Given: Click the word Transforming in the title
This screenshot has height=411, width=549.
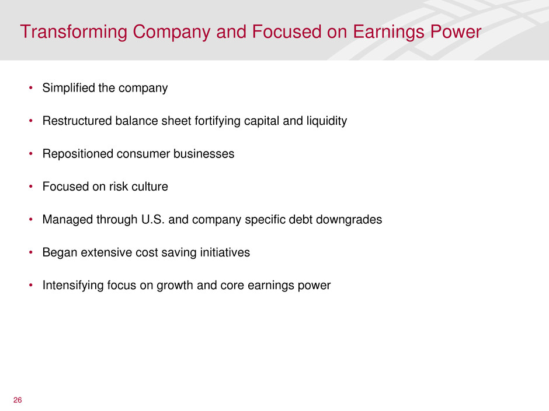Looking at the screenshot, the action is pyautogui.click(x=74, y=33).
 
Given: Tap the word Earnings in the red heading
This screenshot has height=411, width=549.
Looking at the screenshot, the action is pyautogui.click(x=389, y=33).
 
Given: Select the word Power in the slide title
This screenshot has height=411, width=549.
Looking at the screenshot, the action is pyautogui.click(x=456, y=32).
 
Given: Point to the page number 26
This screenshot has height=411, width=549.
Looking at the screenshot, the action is pyautogui.click(x=18, y=400).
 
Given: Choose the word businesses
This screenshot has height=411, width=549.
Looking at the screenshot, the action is pyautogui.click(x=204, y=154).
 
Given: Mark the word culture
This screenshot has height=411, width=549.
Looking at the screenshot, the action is pyautogui.click(x=150, y=187).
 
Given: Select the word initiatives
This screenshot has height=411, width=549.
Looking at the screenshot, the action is pyautogui.click(x=225, y=252).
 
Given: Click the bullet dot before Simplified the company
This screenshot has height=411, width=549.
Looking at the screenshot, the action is pyautogui.click(x=31, y=87).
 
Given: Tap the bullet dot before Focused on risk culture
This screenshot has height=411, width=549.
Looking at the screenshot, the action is pyautogui.click(x=31, y=187).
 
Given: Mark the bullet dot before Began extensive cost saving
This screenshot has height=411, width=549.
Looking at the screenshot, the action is pyautogui.click(x=31, y=252).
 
